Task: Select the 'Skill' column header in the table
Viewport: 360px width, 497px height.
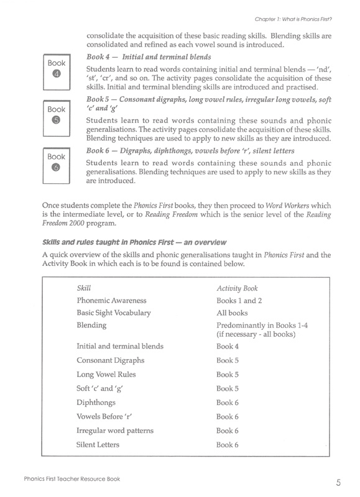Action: coord(83,289)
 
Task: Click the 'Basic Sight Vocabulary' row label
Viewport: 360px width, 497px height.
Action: coord(113,313)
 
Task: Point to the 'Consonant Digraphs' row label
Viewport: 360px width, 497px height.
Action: coord(110,360)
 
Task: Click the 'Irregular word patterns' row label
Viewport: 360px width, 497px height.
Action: coord(114,431)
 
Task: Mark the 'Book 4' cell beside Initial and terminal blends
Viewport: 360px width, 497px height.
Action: coord(227,346)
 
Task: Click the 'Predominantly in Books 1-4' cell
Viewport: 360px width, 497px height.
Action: coord(270,326)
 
